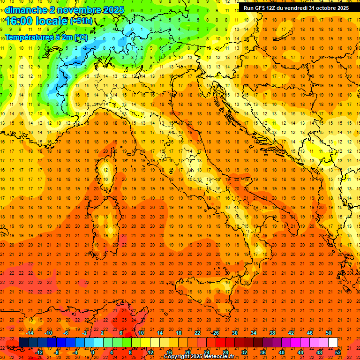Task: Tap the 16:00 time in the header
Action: point(20,21)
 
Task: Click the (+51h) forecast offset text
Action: point(81,21)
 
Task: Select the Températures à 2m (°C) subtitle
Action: point(46,37)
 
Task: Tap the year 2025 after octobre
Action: point(341,8)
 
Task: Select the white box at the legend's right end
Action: point(333,343)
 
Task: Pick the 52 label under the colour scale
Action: point(338,352)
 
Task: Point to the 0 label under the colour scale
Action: point(93,352)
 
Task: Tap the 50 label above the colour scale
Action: point(329,333)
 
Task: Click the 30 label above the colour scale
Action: point(235,333)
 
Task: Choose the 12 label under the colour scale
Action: point(150,352)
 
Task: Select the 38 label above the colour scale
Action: point(272,333)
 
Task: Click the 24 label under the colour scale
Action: point(207,352)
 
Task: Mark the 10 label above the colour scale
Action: point(141,333)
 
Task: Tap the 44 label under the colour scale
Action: point(300,352)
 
